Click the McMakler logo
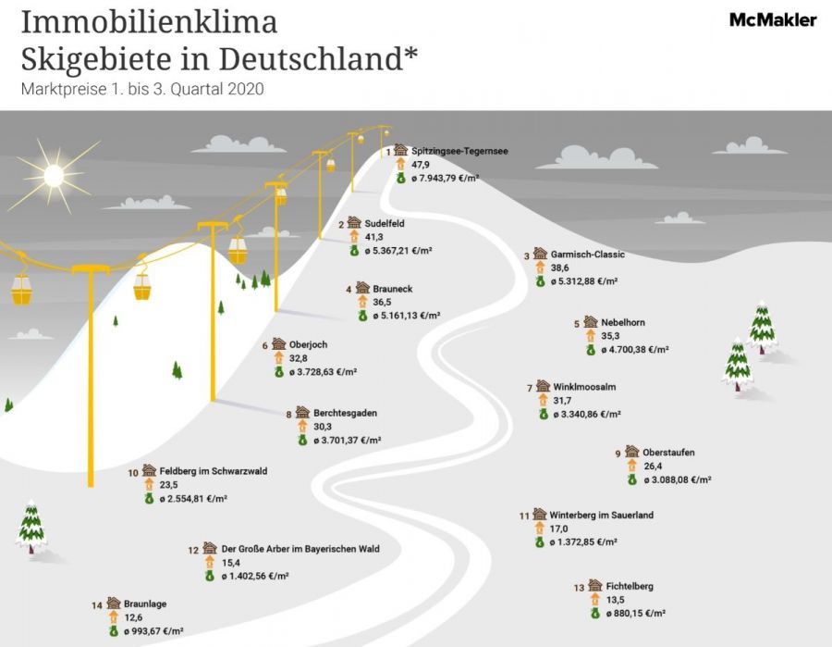click(773, 20)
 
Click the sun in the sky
click(54, 176)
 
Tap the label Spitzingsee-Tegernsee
click(459, 151)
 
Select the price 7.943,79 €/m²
click(445, 178)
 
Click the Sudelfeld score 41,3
click(373, 237)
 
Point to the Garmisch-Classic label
click(587, 255)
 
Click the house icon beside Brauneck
click(363, 287)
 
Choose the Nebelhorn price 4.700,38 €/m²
click(634, 350)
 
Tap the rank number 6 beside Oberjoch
click(264, 346)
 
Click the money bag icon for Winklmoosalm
click(544, 414)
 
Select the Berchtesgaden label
click(345, 413)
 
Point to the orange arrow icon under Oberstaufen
click(631, 466)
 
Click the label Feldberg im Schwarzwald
click(214, 470)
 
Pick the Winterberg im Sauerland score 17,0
click(558, 529)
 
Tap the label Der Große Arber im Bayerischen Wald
click(300, 549)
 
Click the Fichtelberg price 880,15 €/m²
click(636, 613)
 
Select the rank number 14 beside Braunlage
click(96, 605)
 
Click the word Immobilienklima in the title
click(149, 22)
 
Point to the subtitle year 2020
click(246, 89)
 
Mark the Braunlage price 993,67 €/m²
click(153, 631)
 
